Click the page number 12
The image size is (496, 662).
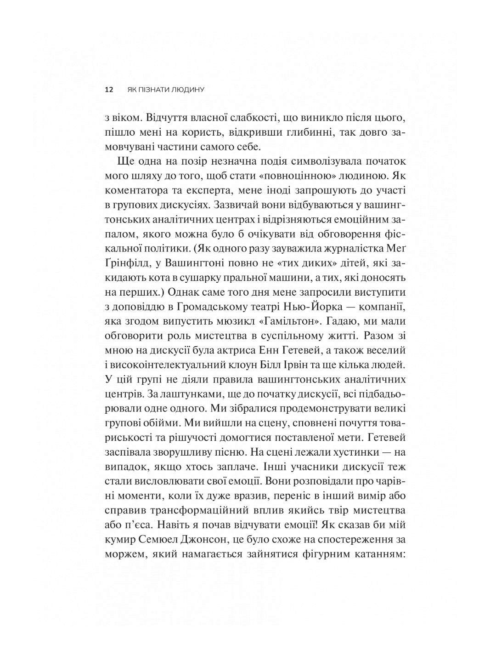point(109,90)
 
